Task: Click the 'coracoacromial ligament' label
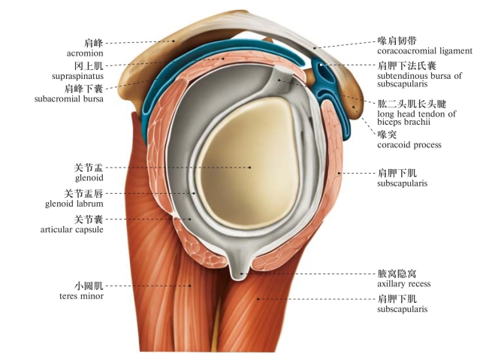pyautogui.click(x=424, y=51)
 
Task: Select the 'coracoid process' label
pyautogui.click(x=409, y=144)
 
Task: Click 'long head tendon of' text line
pyautogui.click(x=412, y=113)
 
